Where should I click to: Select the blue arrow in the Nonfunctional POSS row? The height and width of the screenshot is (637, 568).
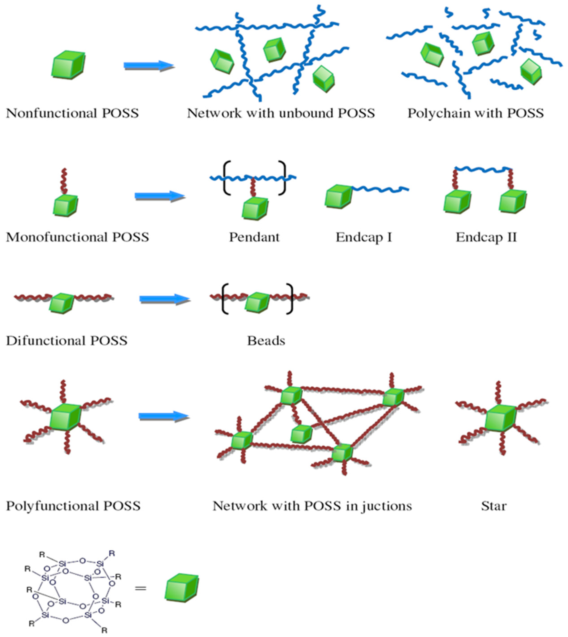[x=148, y=66]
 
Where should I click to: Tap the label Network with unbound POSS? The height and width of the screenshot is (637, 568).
[x=281, y=113]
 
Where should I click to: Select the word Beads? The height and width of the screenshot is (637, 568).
[x=266, y=341]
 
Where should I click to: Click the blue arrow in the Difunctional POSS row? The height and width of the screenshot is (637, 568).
[x=164, y=299]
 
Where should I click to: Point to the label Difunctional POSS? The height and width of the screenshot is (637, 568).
[x=66, y=341]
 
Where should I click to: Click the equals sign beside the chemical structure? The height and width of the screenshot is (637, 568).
[x=140, y=588]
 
